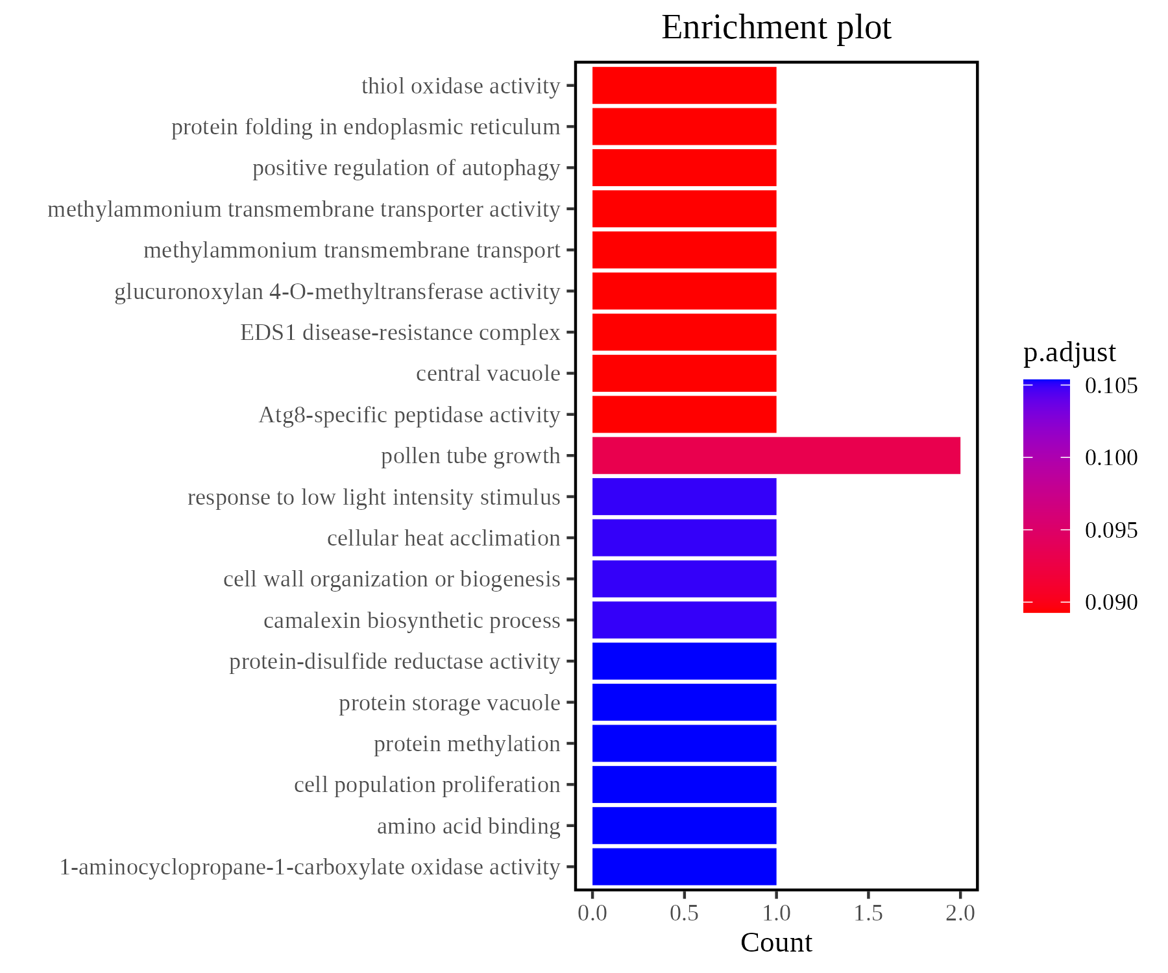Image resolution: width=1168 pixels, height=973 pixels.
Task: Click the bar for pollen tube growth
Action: [x=776, y=455]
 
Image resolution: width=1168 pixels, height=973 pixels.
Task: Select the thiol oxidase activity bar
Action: [x=684, y=85]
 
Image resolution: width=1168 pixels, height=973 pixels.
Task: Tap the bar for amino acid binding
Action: [x=684, y=825]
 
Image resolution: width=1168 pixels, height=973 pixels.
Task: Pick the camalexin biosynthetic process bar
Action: [x=684, y=619]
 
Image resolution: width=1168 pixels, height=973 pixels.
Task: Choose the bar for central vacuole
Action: [x=684, y=373]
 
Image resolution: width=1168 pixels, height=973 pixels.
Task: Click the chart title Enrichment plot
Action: [x=776, y=27]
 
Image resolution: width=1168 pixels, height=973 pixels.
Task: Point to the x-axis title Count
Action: [x=776, y=943]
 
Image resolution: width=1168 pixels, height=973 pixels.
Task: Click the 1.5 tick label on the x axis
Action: [x=868, y=913]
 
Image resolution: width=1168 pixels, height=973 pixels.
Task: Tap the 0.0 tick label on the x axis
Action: [x=592, y=913]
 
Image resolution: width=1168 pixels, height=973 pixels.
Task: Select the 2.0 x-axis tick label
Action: [x=960, y=913]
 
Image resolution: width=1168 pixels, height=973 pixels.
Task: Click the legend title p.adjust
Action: [x=1069, y=352]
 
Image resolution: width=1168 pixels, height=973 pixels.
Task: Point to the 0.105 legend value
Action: [x=1111, y=386]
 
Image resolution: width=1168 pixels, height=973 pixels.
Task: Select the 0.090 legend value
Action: [x=1111, y=602]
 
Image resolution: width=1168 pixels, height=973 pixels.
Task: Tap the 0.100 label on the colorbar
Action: [x=1111, y=458]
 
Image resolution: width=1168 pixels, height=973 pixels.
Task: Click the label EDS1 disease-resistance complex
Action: [x=400, y=332]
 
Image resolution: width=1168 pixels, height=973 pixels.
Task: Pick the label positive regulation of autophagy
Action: [x=406, y=167]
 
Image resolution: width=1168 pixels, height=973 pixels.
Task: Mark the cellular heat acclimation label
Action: [x=443, y=538]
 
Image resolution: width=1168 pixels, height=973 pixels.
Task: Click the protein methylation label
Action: [x=467, y=743]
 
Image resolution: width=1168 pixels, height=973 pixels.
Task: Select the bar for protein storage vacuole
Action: [x=684, y=702]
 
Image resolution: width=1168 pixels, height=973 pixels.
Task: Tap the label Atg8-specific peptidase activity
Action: [x=409, y=414]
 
